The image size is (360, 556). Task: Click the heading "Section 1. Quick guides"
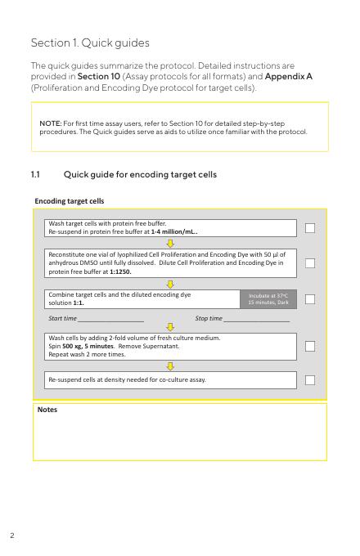(x=90, y=43)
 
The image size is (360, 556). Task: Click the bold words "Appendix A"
(x=288, y=76)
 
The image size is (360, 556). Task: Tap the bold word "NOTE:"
(x=51, y=123)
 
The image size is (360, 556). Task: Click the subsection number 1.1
(x=35, y=174)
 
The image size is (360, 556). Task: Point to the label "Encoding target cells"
(x=70, y=201)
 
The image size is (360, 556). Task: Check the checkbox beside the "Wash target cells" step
(x=310, y=228)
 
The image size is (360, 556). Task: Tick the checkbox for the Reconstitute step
(x=310, y=263)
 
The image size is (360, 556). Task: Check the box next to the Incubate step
(x=310, y=299)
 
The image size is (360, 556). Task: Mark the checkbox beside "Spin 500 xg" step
(x=310, y=346)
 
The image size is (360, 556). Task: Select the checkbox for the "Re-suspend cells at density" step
(x=310, y=380)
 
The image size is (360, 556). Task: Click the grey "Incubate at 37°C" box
(x=268, y=299)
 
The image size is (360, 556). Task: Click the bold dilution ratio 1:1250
(x=120, y=272)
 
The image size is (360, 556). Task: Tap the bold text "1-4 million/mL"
(x=173, y=232)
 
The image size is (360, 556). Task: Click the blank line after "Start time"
(x=110, y=321)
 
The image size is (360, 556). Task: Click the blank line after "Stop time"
(x=257, y=321)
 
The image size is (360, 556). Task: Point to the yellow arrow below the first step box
(x=170, y=244)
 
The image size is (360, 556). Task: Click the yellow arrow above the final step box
(x=170, y=366)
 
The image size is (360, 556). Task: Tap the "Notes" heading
(x=47, y=410)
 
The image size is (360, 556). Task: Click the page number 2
(x=12, y=536)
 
